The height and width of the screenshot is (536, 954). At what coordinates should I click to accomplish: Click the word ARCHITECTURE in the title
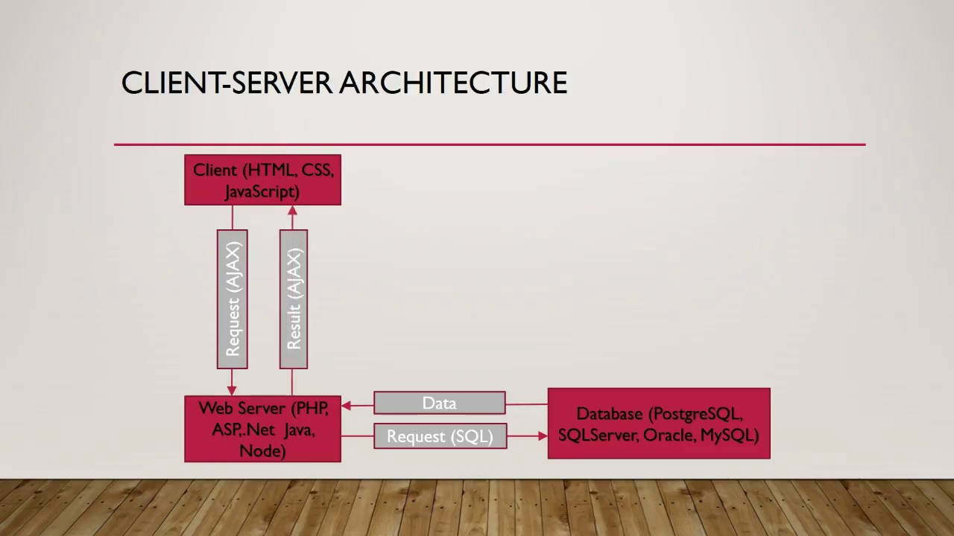pos(453,83)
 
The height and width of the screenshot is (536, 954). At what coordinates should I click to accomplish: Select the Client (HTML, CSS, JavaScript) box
pos(262,180)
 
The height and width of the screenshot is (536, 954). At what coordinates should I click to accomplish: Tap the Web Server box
pos(262,429)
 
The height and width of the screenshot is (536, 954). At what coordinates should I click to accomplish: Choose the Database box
pos(659,424)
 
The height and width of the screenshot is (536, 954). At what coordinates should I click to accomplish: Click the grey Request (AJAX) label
pos(233,299)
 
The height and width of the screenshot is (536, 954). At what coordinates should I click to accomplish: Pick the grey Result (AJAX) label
pos(294,299)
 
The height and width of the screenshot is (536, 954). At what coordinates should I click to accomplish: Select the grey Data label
pos(439,403)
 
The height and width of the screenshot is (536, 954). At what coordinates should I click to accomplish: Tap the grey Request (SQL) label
pos(440,436)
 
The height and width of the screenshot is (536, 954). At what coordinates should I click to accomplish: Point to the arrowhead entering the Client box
pos(292,211)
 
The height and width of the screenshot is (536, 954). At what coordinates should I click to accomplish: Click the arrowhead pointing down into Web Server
pos(232,389)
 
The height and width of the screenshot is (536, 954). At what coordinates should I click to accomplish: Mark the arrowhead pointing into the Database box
pos(542,435)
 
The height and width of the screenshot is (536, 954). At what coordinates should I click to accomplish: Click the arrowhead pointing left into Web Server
pos(347,406)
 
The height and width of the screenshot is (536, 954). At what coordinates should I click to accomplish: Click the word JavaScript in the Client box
pos(262,191)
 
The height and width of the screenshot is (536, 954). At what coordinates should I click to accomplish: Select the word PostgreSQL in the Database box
pos(696,414)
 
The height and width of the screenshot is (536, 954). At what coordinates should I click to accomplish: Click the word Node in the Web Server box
pos(262,450)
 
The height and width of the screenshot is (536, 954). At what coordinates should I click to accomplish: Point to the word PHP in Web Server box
pos(311,408)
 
